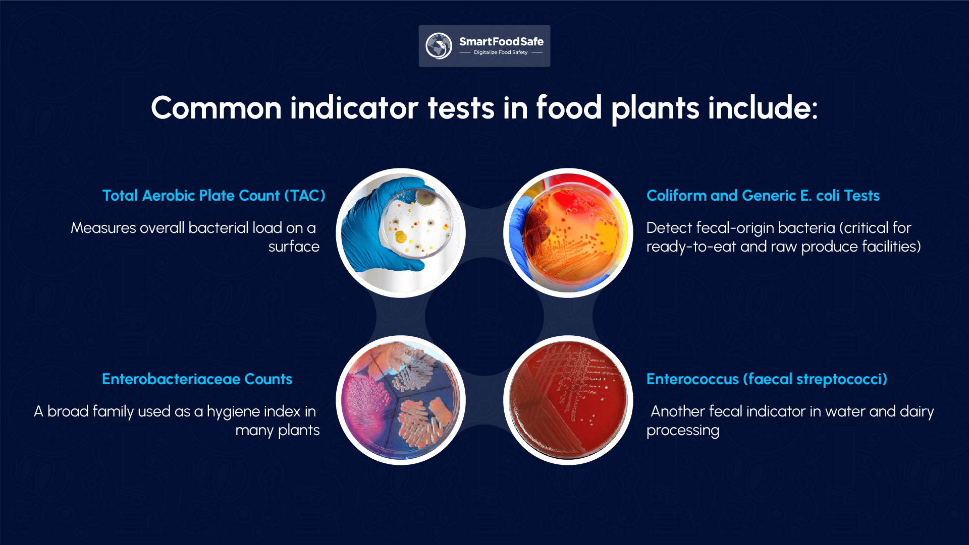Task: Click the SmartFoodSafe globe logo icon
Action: tap(438, 46)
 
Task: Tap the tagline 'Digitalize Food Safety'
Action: tap(501, 52)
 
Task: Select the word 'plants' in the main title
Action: tap(655, 109)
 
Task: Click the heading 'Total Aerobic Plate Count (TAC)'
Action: tap(213, 196)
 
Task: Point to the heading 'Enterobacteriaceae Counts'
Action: tap(197, 379)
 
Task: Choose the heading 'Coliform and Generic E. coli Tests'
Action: tap(763, 196)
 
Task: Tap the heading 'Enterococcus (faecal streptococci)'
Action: tap(767, 379)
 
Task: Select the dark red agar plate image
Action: tap(568, 400)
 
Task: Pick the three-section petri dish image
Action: tap(401, 400)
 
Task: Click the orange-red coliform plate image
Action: tap(568, 233)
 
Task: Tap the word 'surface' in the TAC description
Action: tap(294, 247)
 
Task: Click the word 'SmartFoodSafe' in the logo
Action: tap(501, 42)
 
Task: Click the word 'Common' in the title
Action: tap(216, 108)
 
